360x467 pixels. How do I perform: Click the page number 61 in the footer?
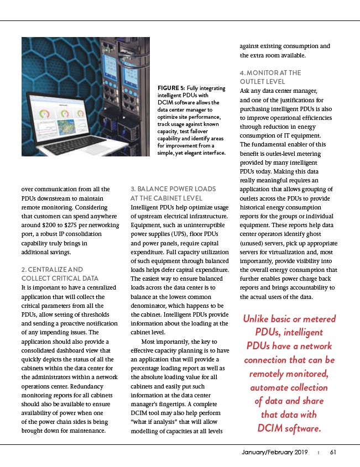[333, 452]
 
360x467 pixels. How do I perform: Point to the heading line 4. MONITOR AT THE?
[270, 72]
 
